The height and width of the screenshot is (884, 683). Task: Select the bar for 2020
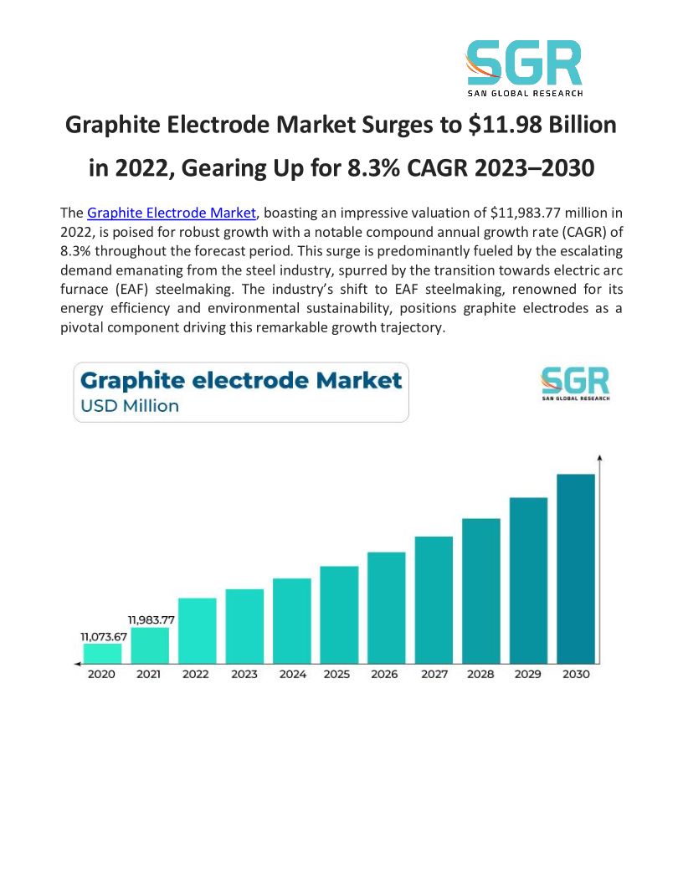click(x=102, y=653)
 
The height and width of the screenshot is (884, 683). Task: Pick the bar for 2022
click(x=197, y=630)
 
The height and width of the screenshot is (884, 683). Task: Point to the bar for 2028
click(x=481, y=589)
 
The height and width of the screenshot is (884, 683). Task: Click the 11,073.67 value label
click(x=104, y=637)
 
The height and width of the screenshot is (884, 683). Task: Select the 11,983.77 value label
click(x=151, y=619)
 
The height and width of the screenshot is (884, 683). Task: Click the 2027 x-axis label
click(x=434, y=674)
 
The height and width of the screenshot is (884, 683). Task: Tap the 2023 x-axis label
click(x=244, y=674)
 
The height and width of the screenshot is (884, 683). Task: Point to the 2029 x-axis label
click(x=528, y=674)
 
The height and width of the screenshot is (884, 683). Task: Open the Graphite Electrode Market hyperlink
click(x=171, y=213)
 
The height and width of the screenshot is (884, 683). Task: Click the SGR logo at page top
click(x=524, y=68)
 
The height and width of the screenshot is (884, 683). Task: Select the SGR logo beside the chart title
click(x=575, y=383)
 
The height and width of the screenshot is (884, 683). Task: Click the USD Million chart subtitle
click(x=130, y=406)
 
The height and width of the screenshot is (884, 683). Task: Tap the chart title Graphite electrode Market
click(x=241, y=381)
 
